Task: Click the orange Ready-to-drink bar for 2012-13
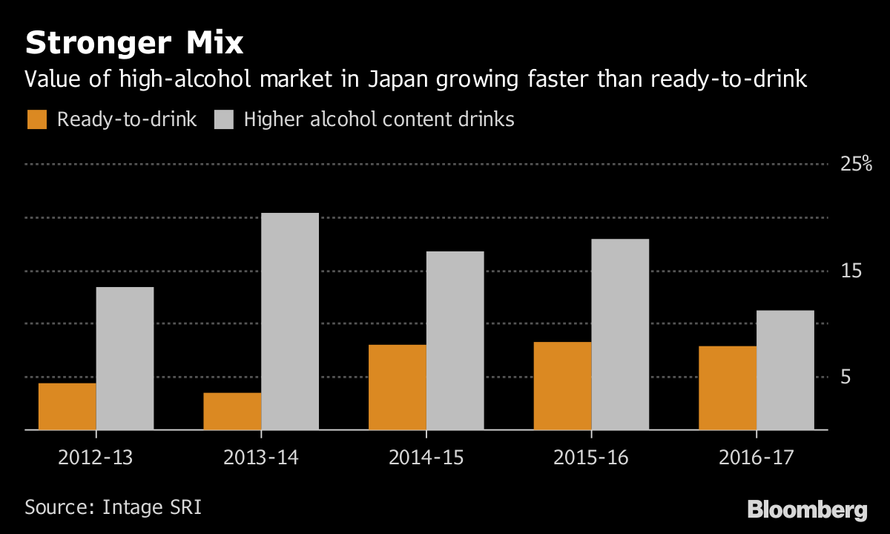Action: [x=67, y=406]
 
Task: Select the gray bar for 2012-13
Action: [x=125, y=358]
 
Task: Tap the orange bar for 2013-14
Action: [x=232, y=411]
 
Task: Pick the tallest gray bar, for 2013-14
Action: [x=290, y=321]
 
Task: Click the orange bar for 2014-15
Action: [x=398, y=387]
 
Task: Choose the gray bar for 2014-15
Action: [x=455, y=340]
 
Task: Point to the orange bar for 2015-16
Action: [x=562, y=386]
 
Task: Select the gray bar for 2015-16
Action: [x=620, y=334]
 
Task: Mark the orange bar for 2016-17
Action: [x=728, y=388]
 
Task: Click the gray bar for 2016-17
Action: [x=785, y=370]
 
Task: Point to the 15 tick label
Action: [x=850, y=271]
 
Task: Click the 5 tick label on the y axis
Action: [x=845, y=377]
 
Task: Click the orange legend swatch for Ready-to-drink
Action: [x=36, y=119]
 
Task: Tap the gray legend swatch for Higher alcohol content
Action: [x=224, y=119]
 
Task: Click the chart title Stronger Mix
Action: [x=134, y=44]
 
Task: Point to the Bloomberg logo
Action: [x=807, y=510]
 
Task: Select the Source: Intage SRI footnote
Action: [x=113, y=508]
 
